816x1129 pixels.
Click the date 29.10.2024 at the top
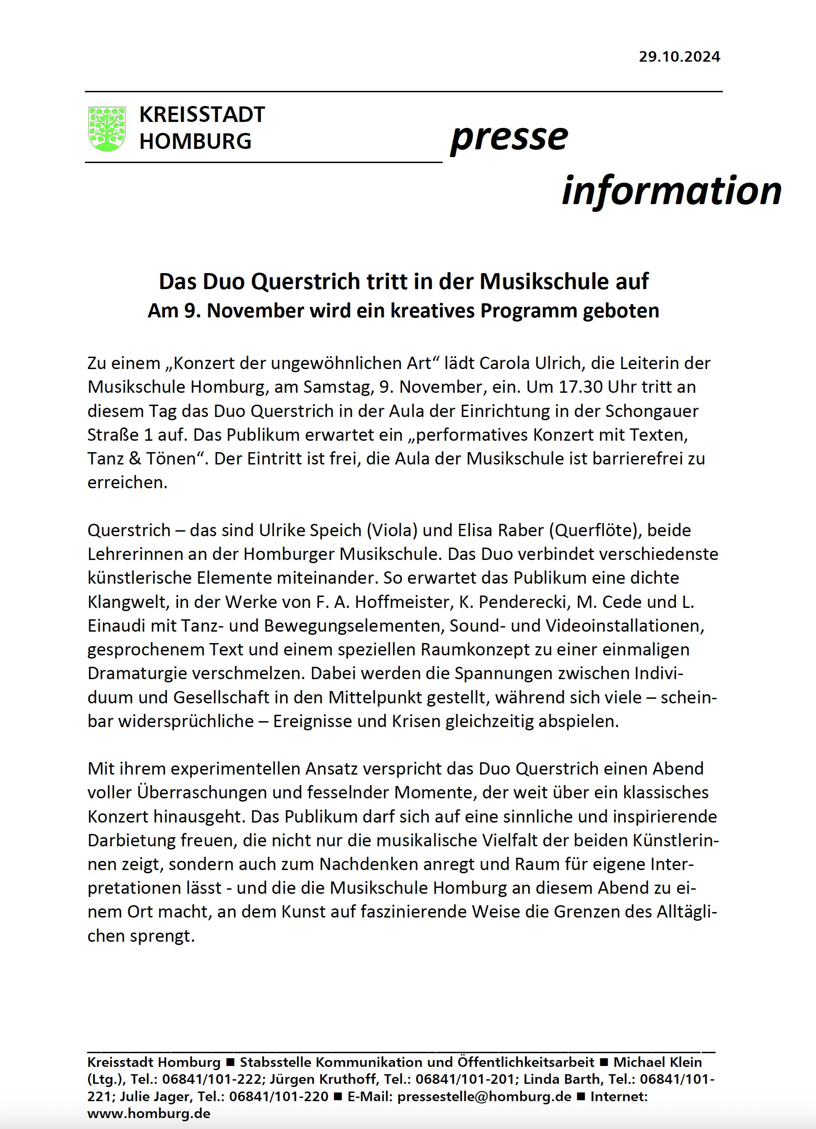pyautogui.click(x=679, y=57)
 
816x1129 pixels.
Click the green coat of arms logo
pyautogui.click(x=106, y=128)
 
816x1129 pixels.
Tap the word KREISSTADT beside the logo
pyautogui.click(x=201, y=115)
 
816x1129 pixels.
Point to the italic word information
pyautogui.click(x=671, y=190)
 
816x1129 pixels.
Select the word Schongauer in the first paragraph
pyautogui.click(x=652, y=411)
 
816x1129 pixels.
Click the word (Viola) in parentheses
pyautogui.click(x=392, y=530)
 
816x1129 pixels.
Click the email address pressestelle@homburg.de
pyautogui.click(x=484, y=1096)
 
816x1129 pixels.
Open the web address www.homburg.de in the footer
pyautogui.click(x=149, y=1113)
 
